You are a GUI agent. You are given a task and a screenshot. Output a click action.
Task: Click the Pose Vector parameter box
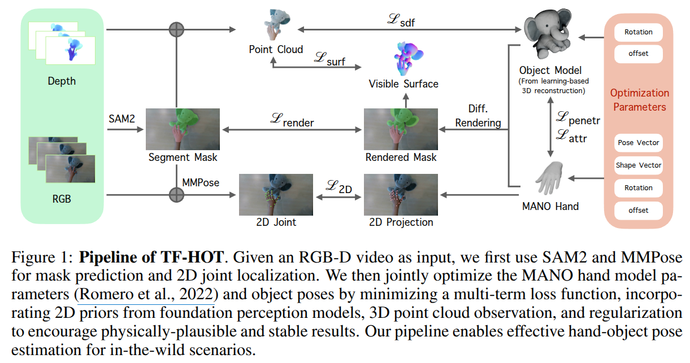pos(638,143)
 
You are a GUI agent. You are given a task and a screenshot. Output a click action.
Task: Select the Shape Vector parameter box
pos(638,165)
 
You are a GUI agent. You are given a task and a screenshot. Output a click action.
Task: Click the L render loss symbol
pos(292,121)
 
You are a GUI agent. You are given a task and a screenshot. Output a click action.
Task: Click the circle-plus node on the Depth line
pos(177,29)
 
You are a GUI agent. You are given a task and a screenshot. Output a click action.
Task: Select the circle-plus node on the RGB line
pos(177,195)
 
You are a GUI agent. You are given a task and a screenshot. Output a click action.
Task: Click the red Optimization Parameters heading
pos(639,100)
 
